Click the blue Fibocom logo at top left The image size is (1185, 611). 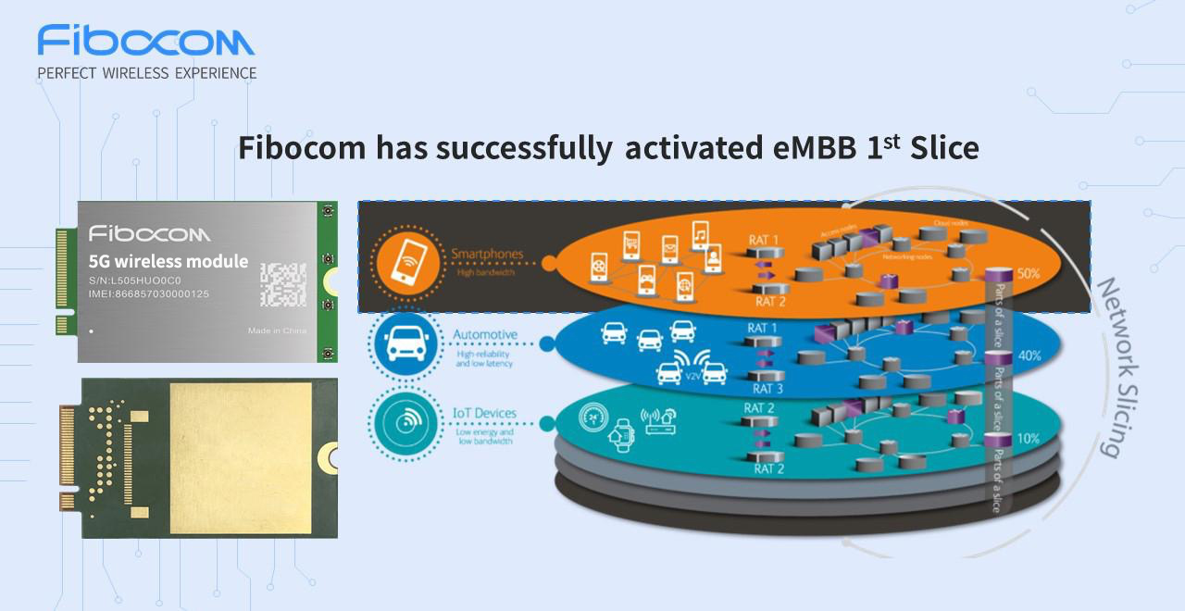tap(146, 42)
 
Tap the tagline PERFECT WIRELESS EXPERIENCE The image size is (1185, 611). tap(146, 72)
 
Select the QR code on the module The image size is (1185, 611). tap(283, 284)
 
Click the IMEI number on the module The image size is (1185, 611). tap(161, 294)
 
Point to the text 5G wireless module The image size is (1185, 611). tap(168, 261)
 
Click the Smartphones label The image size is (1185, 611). tap(487, 254)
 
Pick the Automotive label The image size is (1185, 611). tap(485, 334)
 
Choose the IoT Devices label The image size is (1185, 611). tap(484, 413)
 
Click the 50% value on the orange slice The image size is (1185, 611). tap(1029, 274)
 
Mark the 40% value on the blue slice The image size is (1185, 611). tap(1029, 355)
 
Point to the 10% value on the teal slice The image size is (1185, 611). tap(1028, 437)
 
